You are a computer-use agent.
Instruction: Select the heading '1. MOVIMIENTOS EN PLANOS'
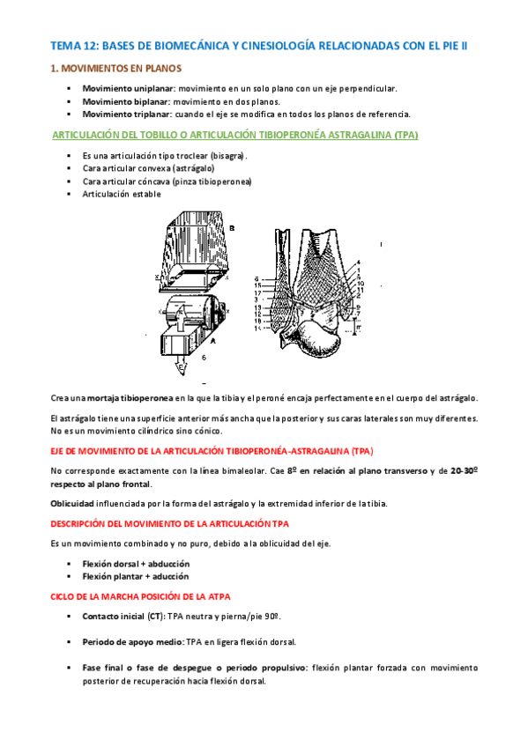[x=115, y=68]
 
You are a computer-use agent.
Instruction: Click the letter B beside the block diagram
[x=232, y=228]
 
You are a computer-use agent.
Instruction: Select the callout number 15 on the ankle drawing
[x=257, y=285]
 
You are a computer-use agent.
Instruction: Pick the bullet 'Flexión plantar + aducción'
[x=136, y=576]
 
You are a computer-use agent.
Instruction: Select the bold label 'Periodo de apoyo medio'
[x=133, y=642]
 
